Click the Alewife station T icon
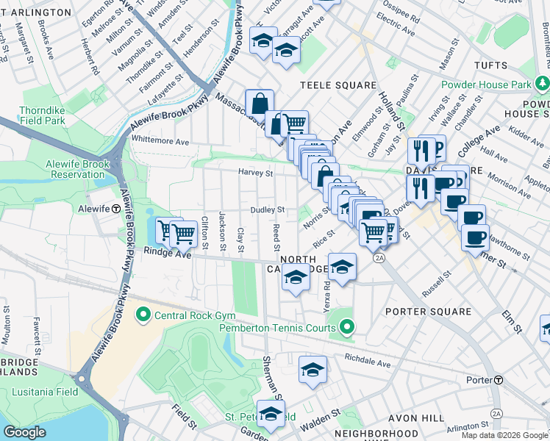click(x=116, y=209)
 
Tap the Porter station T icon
click(x=499, y=380)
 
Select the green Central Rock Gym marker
click(x=143, y=316)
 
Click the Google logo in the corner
click(x=24, y=431)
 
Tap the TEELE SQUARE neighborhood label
click(x=337, y=85)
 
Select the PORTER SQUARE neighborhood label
click(x=429, y=312)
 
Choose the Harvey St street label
click(x=255, y=173)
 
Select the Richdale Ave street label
click(x=368, y=362)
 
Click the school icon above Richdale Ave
click(x=312, y=369)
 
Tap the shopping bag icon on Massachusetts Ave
click(x=260, y=104)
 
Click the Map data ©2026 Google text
click(x=504, y=435)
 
